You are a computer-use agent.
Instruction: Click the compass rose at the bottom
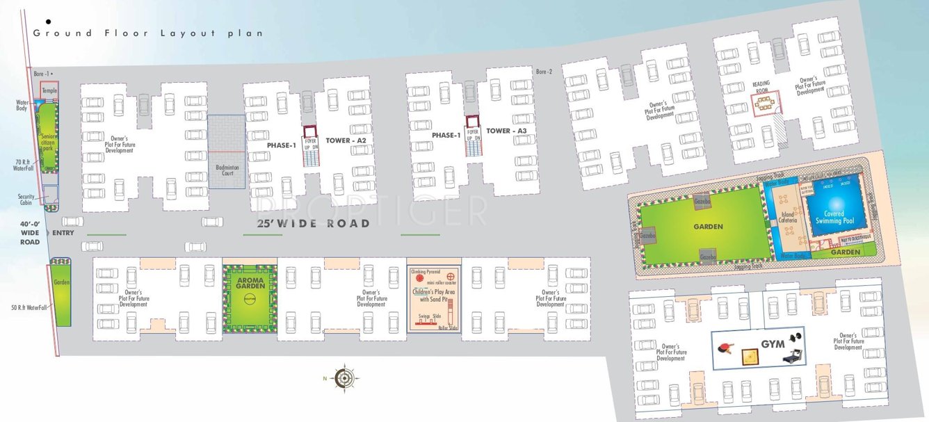[344, 378]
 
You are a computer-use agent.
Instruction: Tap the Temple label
[49, 90]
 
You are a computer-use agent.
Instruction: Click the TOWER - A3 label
[506, 131]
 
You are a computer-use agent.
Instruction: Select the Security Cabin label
[26, 200]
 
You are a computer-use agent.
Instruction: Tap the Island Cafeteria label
[788, 219]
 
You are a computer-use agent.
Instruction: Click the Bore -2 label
[544, 72]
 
